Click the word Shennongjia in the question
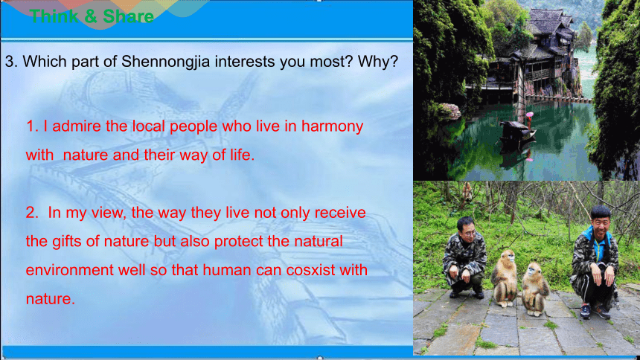tap(166, 62)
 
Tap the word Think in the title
tap(54, 16)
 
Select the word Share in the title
tap(128, 16)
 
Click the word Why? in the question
tap(377, 61)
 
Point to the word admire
tap(77, 126)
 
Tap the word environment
tap(70, 270)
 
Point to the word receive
tap(340, 213)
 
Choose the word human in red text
tap(226, 270)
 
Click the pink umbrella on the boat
tap(530, 115)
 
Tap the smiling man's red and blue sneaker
tap(586, 312)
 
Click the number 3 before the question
tap(10, 62)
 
